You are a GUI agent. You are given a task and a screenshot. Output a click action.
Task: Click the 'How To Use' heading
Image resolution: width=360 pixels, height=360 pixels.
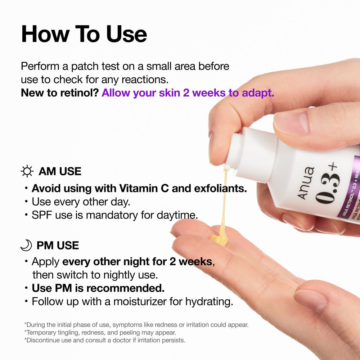pos(84,34)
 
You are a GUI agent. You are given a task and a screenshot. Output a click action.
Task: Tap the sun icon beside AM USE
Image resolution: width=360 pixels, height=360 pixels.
pos(27,171)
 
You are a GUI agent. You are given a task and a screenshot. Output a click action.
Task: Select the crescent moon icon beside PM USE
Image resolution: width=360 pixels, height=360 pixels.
pos(26,246)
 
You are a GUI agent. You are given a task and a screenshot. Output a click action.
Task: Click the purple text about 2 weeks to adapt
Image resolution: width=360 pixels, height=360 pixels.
pos(188,93)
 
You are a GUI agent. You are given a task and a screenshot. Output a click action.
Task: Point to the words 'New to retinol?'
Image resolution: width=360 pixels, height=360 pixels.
pos(60,93)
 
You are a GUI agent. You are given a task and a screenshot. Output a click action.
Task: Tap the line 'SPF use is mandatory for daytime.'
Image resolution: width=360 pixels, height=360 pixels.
pos(114,215)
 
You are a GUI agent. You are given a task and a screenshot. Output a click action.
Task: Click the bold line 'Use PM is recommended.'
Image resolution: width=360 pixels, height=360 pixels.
pos(98,288)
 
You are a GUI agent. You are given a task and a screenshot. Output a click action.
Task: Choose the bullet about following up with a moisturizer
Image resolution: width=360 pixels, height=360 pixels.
pos(132,302)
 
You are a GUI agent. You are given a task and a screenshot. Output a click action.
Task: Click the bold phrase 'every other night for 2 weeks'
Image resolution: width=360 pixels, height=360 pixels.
pos(137,261)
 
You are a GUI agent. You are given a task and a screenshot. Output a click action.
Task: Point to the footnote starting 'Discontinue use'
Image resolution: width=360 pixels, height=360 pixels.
pos(105,340)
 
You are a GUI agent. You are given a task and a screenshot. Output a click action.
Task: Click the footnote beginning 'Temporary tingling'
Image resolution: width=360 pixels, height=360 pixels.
pos(100,333)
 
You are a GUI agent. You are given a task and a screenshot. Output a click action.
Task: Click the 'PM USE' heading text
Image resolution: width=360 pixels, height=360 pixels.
pos(58,246)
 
